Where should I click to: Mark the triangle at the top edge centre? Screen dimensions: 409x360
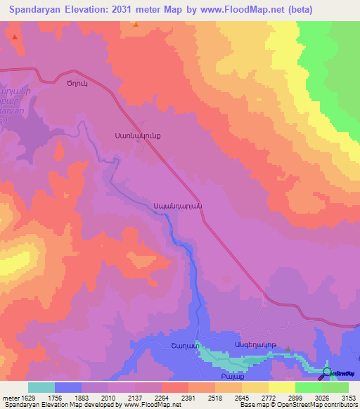click(136, 24)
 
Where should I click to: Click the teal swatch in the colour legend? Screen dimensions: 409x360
click(41, 387)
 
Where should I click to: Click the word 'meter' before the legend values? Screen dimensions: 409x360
click(9, 398)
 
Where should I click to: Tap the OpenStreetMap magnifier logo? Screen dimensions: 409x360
click(327, 372)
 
